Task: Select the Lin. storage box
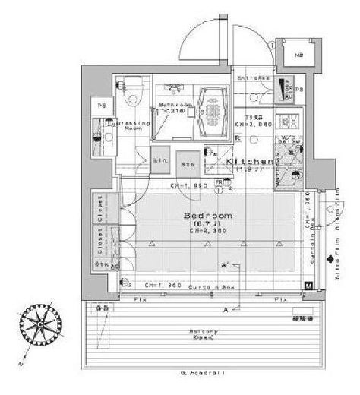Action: [160, 162]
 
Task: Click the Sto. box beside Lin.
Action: [186, 162]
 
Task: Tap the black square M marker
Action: [308, 286]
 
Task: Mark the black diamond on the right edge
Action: [329, 261]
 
